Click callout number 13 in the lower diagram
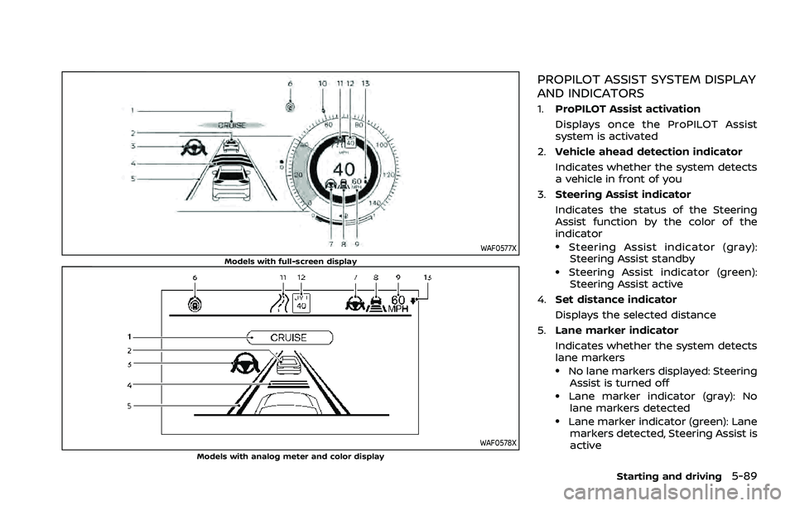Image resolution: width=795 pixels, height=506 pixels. pyautogui.click(x=426, y=277)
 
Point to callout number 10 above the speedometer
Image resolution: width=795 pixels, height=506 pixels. pyautogui.click(x=321, y=84)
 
